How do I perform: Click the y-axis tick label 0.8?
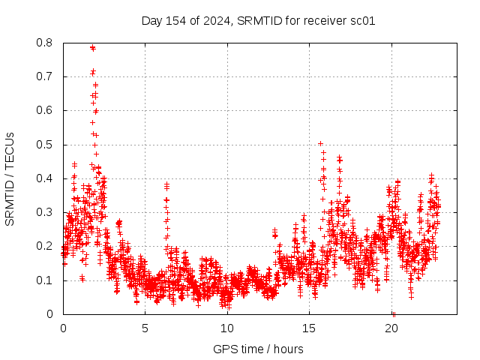[46, 43]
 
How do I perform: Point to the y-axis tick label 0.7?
[46, 76]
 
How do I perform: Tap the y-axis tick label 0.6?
[46, 110]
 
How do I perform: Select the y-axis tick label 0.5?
[46, 145]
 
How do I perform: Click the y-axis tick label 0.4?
[46, 178]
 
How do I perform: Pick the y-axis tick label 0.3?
[46, 212]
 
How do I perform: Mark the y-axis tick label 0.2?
[46, 246]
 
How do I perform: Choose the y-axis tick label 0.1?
[46, 280]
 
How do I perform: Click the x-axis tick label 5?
[145, 328]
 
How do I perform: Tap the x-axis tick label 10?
[227, 328]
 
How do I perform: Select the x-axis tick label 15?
[309, 328]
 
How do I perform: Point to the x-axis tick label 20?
[391, 328]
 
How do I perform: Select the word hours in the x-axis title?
[288, 349]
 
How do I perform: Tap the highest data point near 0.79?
[92, 47]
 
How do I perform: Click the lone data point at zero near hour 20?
[393, 313]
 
